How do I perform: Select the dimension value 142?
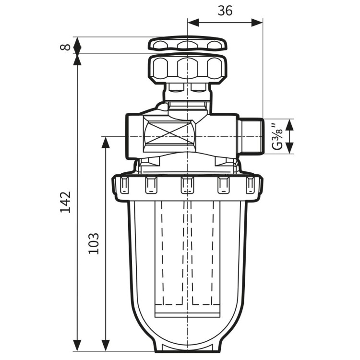tap(66, 202)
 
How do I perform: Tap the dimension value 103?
tap(94, 243)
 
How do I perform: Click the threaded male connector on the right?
tap(251, 136)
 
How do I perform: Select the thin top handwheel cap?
tap(187, 44)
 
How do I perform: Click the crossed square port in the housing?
tap(169, 136)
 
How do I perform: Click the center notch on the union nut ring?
tap(187, 185)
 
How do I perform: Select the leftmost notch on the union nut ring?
tap(123, 184)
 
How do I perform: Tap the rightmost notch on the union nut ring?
tap(250, 184)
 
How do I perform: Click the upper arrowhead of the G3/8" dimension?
tap(289, 124)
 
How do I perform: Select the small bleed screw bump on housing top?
tap(162, 107)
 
